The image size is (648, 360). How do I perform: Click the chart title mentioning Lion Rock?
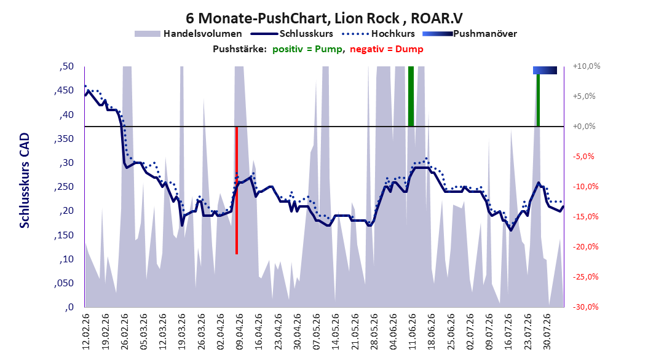[x=324, y=18]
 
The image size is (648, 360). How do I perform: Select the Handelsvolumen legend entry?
[x=189, y=34]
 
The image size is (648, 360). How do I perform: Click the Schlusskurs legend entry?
[x=292, y=34]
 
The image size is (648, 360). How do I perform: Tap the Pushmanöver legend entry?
[x=470, y=34]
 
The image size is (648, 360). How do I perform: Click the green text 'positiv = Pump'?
[x=307, y=49]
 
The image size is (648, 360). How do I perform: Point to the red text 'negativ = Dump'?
[x=387, y=49]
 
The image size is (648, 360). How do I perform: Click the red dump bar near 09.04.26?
[x=236, y=190]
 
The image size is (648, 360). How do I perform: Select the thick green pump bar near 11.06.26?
[x=411, y=96]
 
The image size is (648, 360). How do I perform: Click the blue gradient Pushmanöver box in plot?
[x=545, y=71]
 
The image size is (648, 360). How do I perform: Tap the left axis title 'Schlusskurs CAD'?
[x=25, y=181]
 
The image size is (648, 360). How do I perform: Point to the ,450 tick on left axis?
[x=64, y=90]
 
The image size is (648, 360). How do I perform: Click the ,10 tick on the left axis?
[x=66, y=259]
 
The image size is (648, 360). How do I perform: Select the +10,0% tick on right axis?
[x=587, y=66]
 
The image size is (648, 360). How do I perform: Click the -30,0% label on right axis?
[x=585, y=307]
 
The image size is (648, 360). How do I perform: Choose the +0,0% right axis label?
[x=584, y=127]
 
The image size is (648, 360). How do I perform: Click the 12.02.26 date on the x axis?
[x=86, y=332]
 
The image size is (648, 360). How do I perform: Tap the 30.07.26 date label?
[x=547, y=332]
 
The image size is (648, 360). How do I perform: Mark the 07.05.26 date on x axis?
[x=316, y=332]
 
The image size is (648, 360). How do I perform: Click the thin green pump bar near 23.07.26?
[x=538, y=100]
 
